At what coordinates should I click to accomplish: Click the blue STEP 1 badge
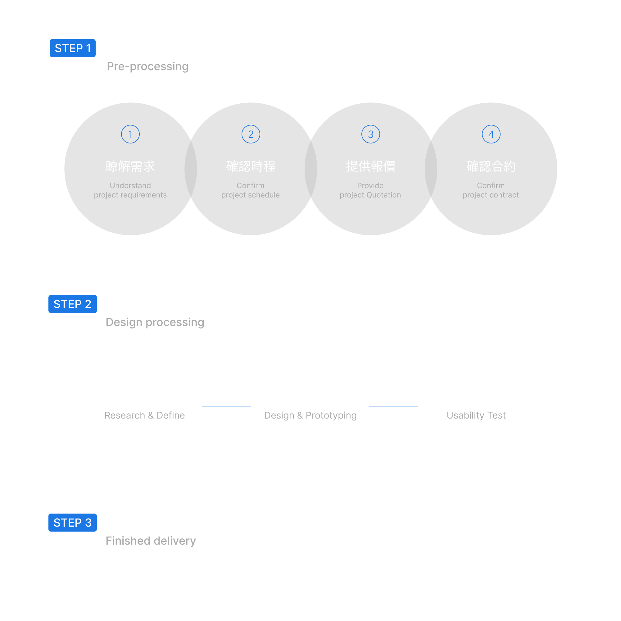point(73,48)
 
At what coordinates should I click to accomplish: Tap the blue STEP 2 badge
point(73,304)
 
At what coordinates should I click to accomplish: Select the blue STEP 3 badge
point(73,523)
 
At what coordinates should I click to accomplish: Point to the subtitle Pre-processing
point(147,66)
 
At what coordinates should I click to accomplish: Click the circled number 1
point(130,134)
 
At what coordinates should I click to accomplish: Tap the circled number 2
point(251,134)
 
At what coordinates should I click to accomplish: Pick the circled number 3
point(371,134)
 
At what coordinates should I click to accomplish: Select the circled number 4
point(491,134)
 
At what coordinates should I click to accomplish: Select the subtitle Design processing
point(155,322)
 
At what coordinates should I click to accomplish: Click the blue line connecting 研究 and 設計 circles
point(227,406)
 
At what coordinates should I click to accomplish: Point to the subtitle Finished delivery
point(151,541)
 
